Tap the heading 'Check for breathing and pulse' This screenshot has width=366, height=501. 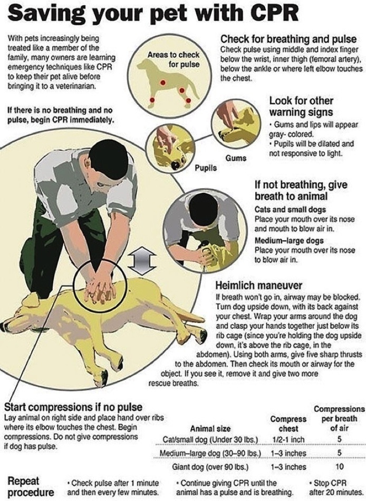[x=288, y=39]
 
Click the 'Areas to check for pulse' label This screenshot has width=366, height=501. [x=174, y=60]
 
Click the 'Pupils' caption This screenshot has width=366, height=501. [x=206, y=168]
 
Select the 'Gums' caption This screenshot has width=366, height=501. [x=236, y=158]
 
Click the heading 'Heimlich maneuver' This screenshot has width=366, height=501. [x=259, y=285]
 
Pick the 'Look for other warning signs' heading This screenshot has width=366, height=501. [x=301, y=107]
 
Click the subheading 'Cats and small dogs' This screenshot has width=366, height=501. [x=290, y=210]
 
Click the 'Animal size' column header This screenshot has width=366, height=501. [x=210, y=428]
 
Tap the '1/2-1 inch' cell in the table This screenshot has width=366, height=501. [x=288, y=440]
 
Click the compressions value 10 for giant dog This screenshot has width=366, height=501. [x=340, y=466]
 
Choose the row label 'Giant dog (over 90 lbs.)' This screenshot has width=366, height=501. [x=210, y=467]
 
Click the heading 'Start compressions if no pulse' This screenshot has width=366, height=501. [x=73, y=407]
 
